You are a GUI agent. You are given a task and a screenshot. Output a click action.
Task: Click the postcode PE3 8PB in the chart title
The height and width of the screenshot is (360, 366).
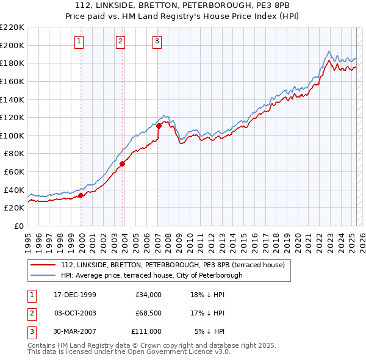[x=271, y=5]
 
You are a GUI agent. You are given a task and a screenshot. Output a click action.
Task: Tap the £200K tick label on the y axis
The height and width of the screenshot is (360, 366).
[x=12, y=45]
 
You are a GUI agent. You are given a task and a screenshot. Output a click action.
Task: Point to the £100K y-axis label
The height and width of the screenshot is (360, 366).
[x=12, y=135]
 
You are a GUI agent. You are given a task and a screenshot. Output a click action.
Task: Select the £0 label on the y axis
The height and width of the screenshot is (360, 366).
[x=20, y=226]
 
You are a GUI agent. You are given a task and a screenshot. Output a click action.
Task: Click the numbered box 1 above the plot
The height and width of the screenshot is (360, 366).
[x=81, y=41]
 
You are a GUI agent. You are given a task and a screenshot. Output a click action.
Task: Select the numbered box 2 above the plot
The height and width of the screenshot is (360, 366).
[x=121, y=41]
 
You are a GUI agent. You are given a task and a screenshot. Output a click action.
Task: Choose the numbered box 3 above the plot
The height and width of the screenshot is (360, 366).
[x=157, y=41]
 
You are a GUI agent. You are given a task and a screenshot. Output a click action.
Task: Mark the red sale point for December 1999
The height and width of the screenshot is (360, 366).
[x=81, y=195]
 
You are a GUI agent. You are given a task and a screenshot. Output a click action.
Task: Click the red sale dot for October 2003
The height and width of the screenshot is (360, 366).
[x=122, y=164]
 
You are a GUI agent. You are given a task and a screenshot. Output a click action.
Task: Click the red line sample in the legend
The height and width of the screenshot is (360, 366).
[x=43, y=265]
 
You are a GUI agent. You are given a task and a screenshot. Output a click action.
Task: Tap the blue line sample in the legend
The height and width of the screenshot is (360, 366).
[x=43, y=275]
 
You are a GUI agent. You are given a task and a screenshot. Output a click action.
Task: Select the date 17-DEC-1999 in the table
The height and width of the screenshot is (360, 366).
[x=75, y=295]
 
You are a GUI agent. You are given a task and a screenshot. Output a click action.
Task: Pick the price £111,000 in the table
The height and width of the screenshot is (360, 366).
[x=146, y=331]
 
